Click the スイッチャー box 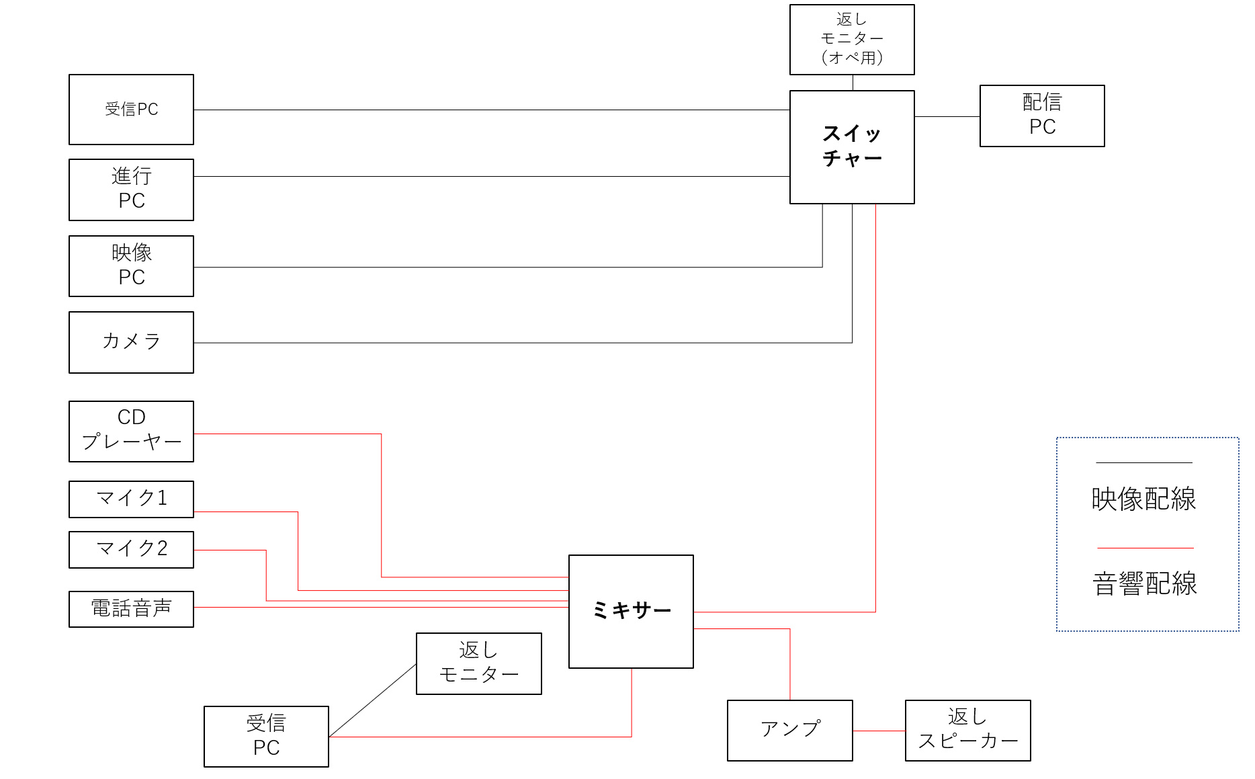(x=852, y=147)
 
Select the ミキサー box (x=631, y=611)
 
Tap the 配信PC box (x=1042, y=116)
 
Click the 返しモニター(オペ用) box (x=852, y=39)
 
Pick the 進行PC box (x=131, y=190)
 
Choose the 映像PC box (x=131, y=265)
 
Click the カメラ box (x=131, y=342)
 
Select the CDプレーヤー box (x=131, y=431)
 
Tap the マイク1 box (x=131, y=499)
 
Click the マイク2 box (x=131, y=549)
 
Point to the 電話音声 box (x=131, y=609)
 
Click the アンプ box (x=789, y=730)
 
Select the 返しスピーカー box (x=967, y=730)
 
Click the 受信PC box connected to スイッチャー (x=131, y=109)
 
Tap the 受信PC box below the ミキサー (x=266, y=736)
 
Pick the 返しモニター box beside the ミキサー (x=478, y=663)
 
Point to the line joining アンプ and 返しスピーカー (x=879, y=731)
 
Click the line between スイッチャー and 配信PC (x=947, y=116)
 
